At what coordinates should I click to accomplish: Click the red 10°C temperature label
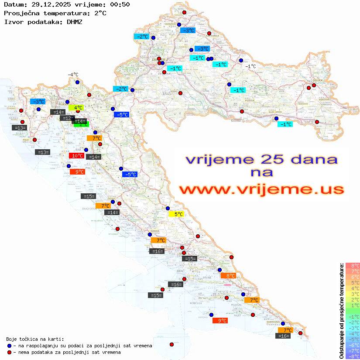click(77, 156)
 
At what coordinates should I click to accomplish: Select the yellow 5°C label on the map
click(176, 214)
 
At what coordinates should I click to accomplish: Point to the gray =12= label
click(67, 118)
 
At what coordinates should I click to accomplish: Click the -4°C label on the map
click(73, 75)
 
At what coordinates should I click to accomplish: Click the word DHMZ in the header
click(74, 21)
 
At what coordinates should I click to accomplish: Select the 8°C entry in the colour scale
click(352, 266)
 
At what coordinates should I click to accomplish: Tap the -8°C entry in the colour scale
click(352, 357)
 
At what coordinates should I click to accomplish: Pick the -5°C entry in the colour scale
click(352, 339)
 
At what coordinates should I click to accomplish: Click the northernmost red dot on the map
click(184, 13)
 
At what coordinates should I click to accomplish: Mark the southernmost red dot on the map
click(171, 344)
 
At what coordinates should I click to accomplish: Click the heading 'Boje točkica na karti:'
click(35, 339)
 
